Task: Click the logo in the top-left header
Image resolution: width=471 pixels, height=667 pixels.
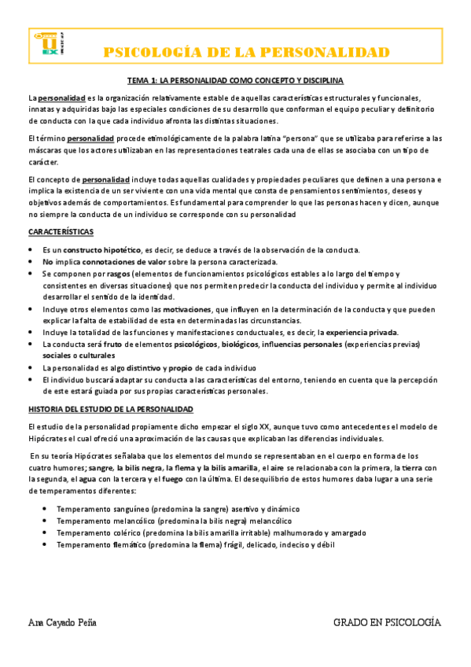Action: (48, 43)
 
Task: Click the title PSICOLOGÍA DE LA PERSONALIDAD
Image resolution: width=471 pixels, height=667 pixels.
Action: (248, 53)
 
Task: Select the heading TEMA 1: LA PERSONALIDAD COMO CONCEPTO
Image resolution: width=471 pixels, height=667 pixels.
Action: (235, 80)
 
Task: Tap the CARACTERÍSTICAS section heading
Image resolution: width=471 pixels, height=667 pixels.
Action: (61, 231)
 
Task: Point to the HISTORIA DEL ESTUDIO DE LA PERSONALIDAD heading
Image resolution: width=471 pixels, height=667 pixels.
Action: (116, 410)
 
